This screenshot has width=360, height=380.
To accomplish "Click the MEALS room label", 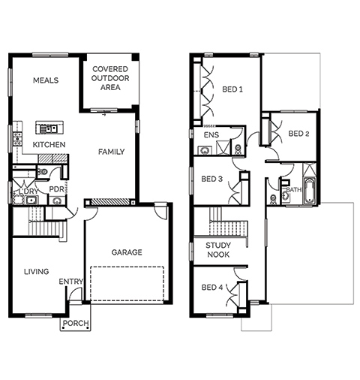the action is [x=46, y=80].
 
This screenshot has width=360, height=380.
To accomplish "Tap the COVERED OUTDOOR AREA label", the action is [x=110, y=78].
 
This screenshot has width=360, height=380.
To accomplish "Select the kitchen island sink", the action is [x=49, y=129].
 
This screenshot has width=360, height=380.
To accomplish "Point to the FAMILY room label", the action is [x=111, y=152].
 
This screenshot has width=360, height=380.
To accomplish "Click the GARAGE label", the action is [x=127, y=252].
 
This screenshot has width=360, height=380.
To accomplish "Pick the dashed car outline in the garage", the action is [x=127, y=283].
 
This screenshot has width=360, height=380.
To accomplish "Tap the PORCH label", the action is [x=76, y=323].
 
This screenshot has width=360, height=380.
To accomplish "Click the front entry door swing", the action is [x=76, y=294].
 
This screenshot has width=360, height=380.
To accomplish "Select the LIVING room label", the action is [x=37, y=272].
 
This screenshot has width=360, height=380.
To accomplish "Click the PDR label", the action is [x=56, y=189].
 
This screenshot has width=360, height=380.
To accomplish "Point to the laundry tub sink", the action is [x=31, y=201].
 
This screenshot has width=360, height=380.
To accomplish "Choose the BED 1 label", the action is [x=232, y=89].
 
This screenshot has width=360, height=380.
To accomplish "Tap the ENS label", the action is [x=211, y=135].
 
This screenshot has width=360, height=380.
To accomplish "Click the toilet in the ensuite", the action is [x=238, y=149].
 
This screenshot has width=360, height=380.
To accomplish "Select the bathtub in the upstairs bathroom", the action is [x=310, y=191].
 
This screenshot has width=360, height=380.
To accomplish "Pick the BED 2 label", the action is [x=298, y=134].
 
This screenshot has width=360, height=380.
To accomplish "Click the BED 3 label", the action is [x=211, y=179].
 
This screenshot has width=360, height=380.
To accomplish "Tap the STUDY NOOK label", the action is [x=218, y=250].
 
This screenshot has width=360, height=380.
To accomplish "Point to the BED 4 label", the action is [x=212, y=288].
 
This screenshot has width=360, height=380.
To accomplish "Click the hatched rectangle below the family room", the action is [x=110, y=202].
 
